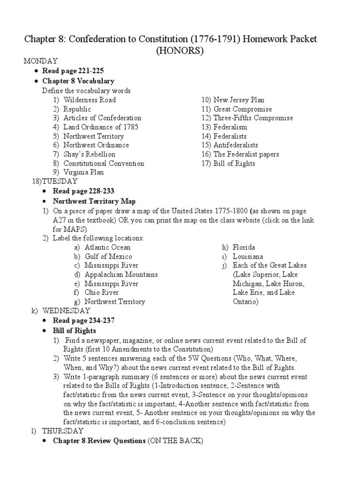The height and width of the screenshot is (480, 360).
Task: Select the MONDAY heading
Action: (41, 61)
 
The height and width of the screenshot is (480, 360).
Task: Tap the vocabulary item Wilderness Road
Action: (90, 100)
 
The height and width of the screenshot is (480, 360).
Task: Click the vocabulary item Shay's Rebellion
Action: (89, 154)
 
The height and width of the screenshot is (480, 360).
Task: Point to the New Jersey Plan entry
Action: (239, 100)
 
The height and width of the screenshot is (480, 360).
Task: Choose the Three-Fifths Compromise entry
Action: (253, 118)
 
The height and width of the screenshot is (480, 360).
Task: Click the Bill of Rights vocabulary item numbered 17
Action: (234, 164)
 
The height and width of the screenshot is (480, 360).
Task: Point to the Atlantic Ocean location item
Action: (107, 247)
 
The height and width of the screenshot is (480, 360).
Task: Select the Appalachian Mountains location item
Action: (121, 275)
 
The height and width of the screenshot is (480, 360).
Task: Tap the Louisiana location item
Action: (248, 256)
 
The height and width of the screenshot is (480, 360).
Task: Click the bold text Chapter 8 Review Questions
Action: (99, 441)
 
